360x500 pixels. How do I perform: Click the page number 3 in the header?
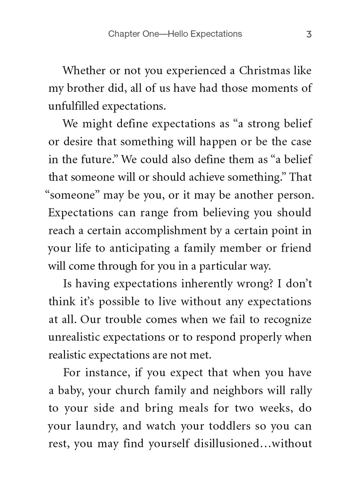[x=309, y=34]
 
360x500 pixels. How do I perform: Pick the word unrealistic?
[x=74, y=337]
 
